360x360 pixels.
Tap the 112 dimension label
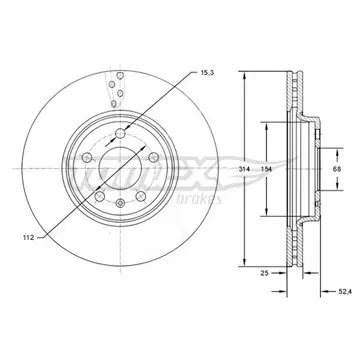pyautogui.click(x=28, y=238)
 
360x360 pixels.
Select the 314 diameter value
pyautogui.click(x=244, y=169)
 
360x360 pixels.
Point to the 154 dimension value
pyautogui.click(x=267, y=169)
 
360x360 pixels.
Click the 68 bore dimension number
pyautogui.click(x=337, y=169)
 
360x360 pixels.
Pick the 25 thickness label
pyautogui.click(x=264, y=273)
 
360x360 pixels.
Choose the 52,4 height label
pyautogui.click(x=343, y=292)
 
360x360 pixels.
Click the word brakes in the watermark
pyautogui.click(x=199, y=199)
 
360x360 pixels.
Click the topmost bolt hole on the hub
pyautogui.click(x=120, y=134)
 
